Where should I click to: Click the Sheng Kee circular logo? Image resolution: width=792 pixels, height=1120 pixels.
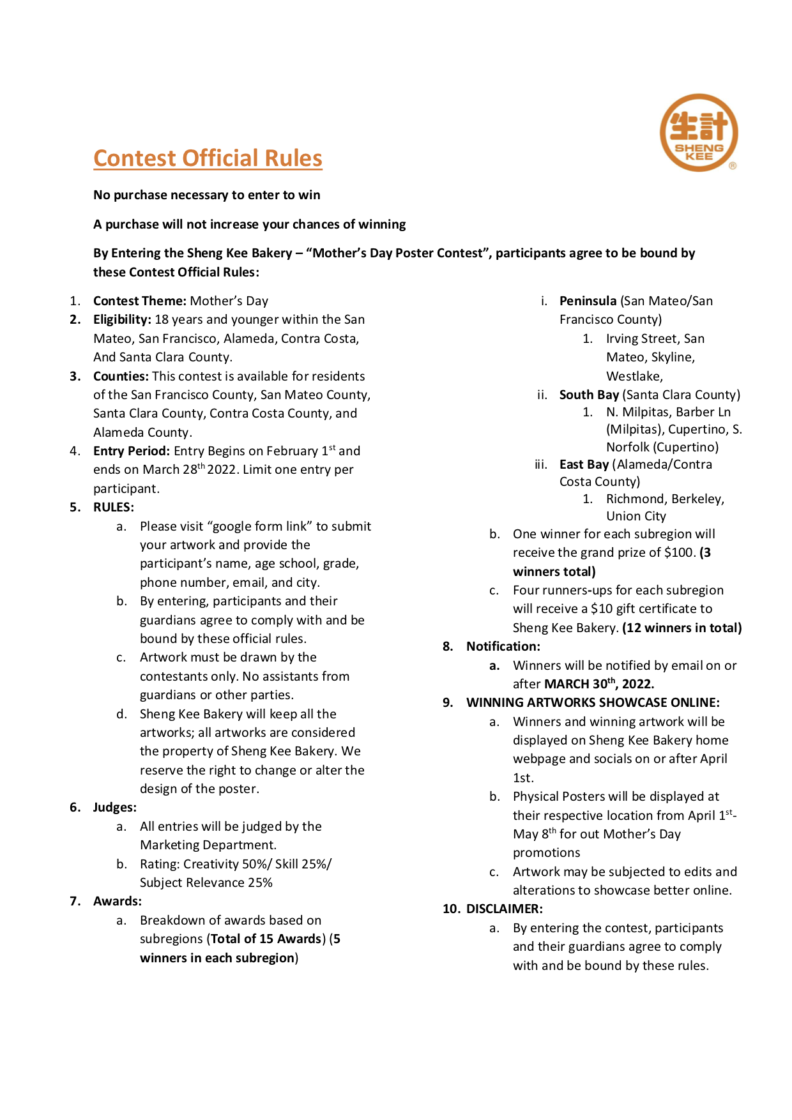(699, 133)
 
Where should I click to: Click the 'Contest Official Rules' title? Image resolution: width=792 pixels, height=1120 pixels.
(208, 158)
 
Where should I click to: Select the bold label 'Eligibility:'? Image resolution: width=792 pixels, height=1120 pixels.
(122, 319)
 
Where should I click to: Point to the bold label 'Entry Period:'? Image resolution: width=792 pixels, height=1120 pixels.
(132, 451)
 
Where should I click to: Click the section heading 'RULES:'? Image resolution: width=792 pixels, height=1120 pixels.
(114, 507)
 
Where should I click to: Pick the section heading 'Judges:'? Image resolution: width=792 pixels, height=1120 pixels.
(115, 807)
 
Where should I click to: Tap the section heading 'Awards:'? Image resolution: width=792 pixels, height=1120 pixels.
(118, 901)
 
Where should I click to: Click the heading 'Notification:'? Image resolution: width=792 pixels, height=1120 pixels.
(503, 646)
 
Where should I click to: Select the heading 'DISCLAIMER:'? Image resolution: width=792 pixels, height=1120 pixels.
(505, 909)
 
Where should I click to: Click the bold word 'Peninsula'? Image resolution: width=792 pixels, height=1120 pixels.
(588, 301)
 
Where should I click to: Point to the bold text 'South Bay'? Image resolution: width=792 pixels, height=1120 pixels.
(589, 395)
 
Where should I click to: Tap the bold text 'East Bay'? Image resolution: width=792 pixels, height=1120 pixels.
(584, 464)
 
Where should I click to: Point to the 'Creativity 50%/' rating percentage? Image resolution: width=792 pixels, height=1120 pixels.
(227, 864)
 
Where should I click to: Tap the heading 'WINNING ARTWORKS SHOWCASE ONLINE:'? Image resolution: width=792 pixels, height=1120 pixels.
(593, 702)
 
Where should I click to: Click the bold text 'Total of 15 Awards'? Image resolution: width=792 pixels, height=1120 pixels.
(266, 939)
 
